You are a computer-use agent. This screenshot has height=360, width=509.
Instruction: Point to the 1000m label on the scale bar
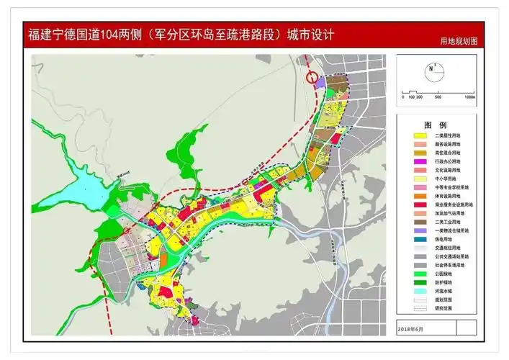point(469,96)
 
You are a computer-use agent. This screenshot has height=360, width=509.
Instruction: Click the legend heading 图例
point(435,124)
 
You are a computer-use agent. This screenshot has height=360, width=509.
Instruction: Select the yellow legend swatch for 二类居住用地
point(417,135)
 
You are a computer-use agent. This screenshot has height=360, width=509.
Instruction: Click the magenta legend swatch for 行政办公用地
point(417,163)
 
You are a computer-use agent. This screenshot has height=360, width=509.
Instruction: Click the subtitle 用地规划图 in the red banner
point(459,42)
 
